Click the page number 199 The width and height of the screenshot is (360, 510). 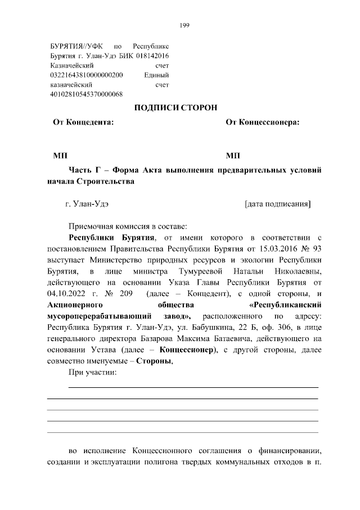(x=184, y=25)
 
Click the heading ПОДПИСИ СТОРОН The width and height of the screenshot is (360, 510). (x=175, y=108)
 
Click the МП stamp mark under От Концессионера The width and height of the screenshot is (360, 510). (x=232, y=155)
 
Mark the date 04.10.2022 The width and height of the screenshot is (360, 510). (x=67, y=293)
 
